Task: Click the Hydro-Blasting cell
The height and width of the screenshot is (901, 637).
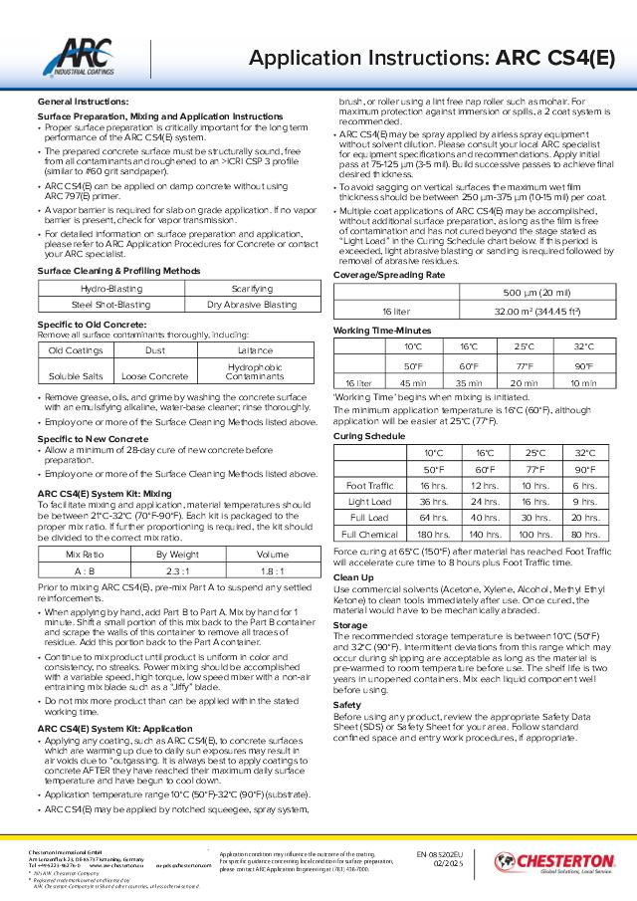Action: point(110,288)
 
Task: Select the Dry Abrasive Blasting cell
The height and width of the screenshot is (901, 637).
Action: point(251,305)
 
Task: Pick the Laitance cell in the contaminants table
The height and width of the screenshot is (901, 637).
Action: point(255,350)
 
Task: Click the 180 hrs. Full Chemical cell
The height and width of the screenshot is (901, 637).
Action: point(427,534)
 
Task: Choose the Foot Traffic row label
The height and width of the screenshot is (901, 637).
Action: point(368,485)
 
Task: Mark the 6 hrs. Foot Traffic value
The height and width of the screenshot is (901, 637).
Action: point(584,485)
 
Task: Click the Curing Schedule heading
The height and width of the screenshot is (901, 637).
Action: point(363,435)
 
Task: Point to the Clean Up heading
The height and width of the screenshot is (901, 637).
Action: point(353,576)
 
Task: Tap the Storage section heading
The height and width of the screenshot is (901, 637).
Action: point(349,624)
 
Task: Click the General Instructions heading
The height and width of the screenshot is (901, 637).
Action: point(83,102)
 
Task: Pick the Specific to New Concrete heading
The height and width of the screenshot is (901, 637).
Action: point(90,439)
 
